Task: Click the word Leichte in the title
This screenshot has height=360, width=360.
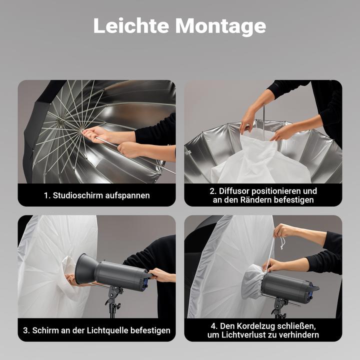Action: point(131,25)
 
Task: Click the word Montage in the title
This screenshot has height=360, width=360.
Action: point(220,27)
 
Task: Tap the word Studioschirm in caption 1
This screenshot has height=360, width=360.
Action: point(77,195)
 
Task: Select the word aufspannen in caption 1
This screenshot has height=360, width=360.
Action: point(127,196)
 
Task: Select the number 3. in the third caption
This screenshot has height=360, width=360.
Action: point(26,330)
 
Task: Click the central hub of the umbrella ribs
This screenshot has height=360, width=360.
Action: point(60,121)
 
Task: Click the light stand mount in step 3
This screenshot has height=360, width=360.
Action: point(113,298)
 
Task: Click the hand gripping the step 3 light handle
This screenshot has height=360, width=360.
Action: point(160,275)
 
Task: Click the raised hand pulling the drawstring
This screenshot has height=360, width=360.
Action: point(284,231)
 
